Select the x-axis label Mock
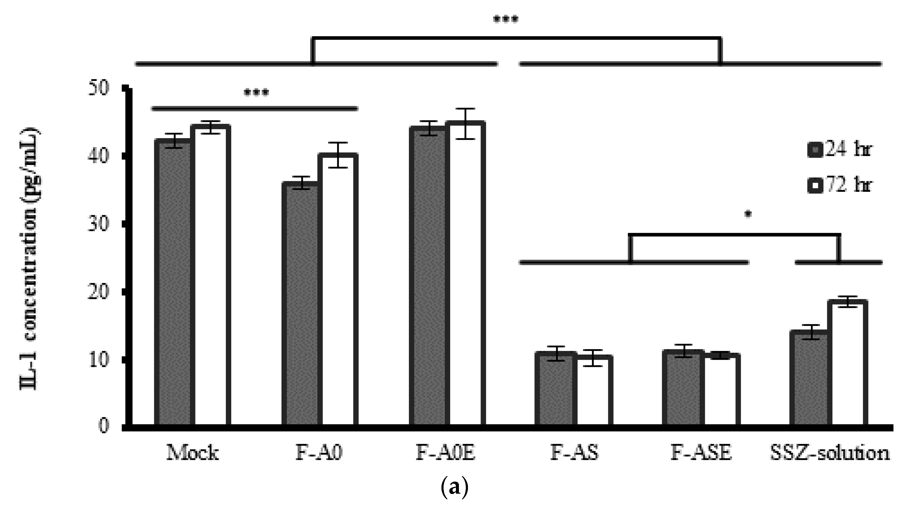[192, 453]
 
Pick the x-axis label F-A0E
[445, 453]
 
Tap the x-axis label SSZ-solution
[830, 453]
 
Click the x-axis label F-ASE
[701, 453]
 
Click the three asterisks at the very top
[506, 20]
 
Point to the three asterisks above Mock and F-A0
[256, 93]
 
